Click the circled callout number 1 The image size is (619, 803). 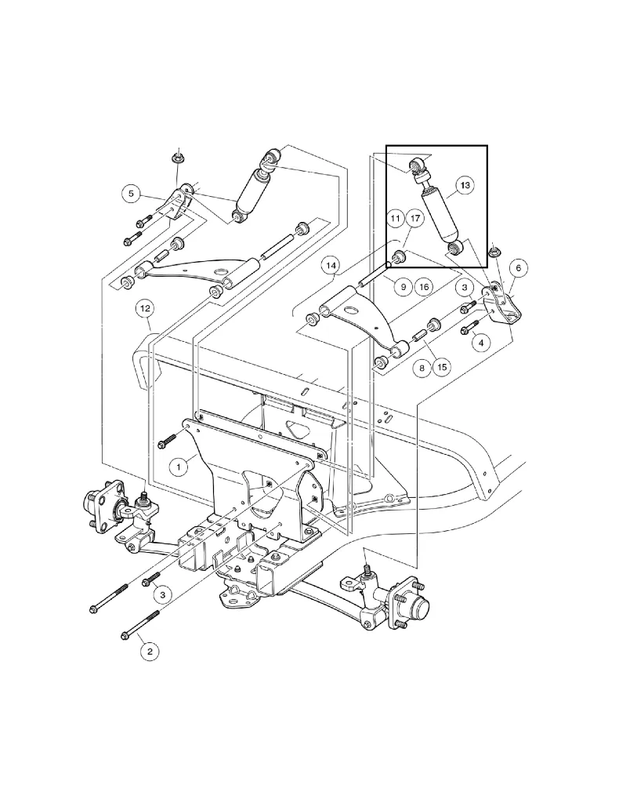pos(179,467)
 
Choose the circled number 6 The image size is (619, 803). pos(517,267)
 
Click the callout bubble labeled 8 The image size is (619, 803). pos(424,367)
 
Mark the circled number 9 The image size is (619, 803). pos(402,288)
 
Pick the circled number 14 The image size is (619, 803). pos(332,267)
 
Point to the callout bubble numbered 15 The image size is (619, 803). pos(443,367)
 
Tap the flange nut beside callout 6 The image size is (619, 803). pos(494,253)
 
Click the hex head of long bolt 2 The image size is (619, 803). pos(125,634)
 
